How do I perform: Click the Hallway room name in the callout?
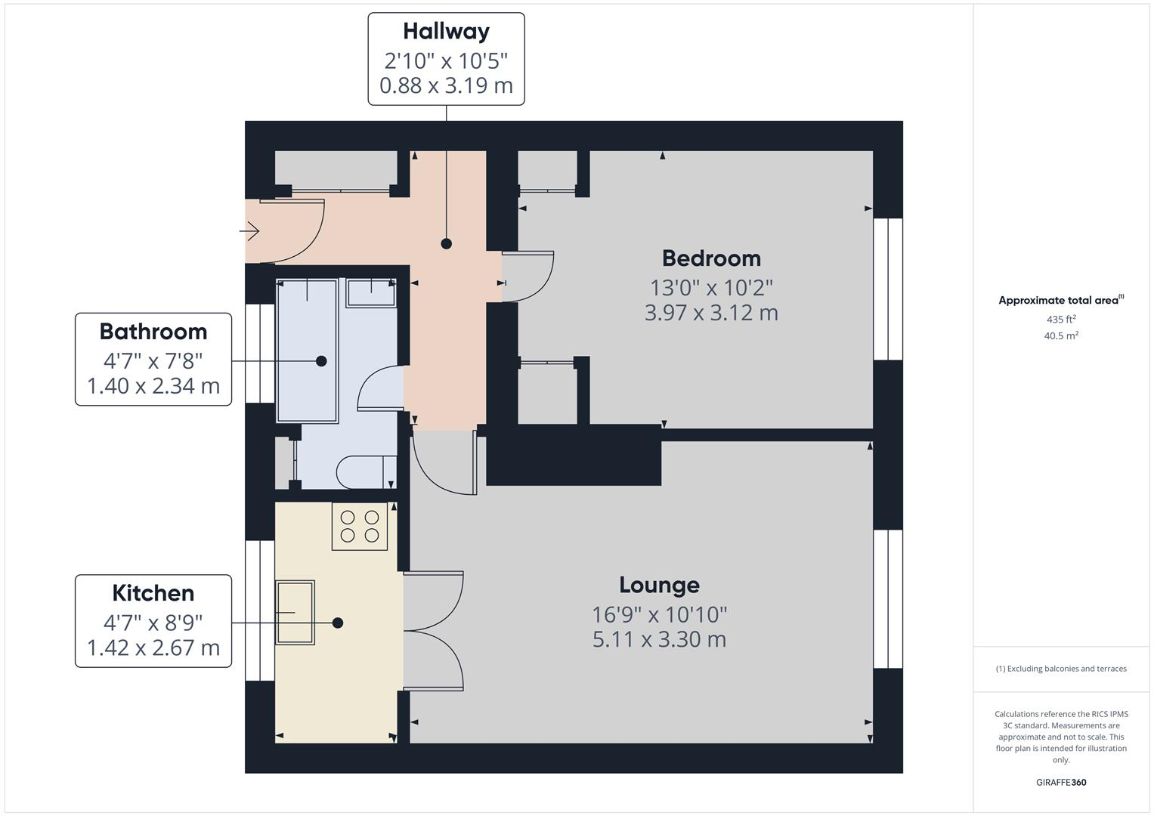446,31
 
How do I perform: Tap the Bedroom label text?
711,258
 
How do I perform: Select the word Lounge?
659,585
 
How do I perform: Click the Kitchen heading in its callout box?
153,593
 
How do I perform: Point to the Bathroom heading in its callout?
153,332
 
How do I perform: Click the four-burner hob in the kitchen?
360,527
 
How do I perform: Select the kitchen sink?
295,612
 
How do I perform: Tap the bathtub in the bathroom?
307,351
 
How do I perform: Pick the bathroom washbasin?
371,293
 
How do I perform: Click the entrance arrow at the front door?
250,230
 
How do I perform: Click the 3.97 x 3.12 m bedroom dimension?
711,313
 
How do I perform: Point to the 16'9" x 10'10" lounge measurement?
659,614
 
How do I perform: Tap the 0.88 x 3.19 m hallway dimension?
446,86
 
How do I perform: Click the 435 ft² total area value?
1061,320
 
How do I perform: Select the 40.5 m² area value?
1061,336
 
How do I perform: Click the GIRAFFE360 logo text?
1061,782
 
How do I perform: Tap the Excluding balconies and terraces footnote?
1061,669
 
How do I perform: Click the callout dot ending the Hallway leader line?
447,243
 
